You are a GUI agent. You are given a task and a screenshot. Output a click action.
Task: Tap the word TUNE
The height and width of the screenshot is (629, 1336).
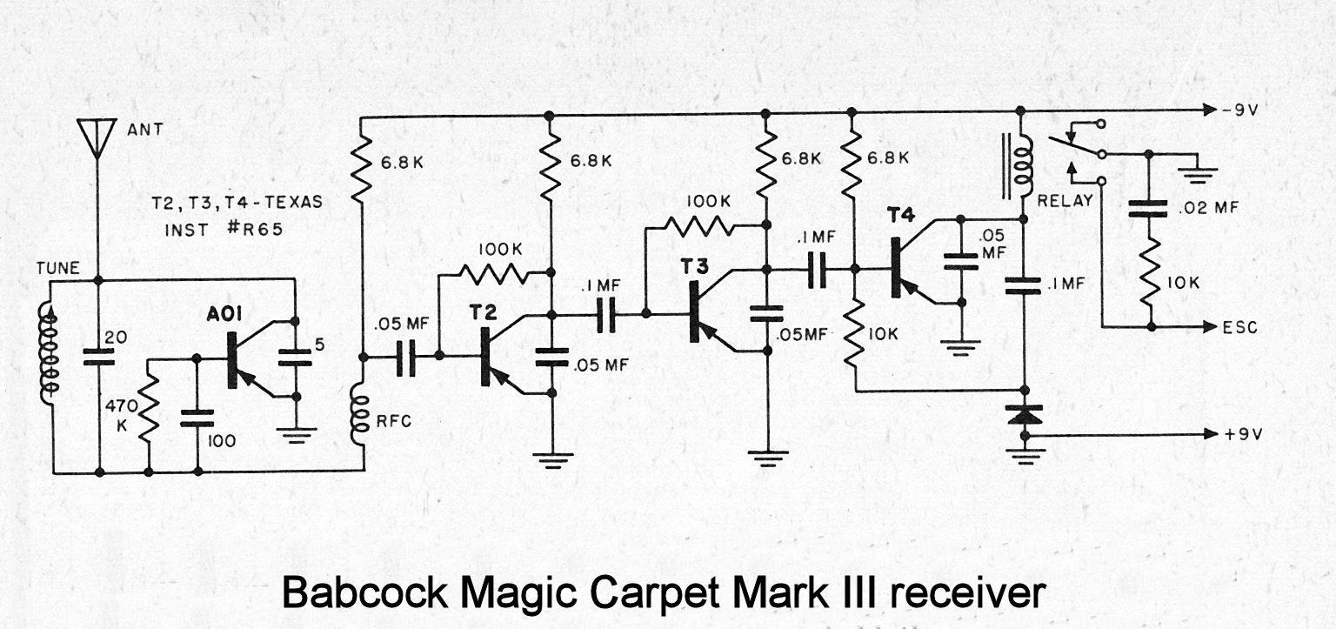pyautogui.click(x=57, y=269)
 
